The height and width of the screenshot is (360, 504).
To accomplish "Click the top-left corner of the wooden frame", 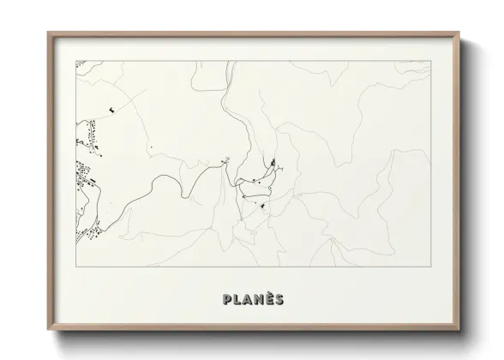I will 48,33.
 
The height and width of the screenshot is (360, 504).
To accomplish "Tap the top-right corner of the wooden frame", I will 460,33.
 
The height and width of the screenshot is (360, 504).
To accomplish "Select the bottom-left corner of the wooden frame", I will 48,328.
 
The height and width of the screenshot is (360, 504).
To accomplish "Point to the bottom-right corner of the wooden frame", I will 460,328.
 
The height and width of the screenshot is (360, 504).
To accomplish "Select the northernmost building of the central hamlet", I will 273,162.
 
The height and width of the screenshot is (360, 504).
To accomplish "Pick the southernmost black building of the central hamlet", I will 261,207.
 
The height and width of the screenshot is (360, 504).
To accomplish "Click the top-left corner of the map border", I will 76,61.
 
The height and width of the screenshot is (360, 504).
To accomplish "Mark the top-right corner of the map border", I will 430,61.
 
